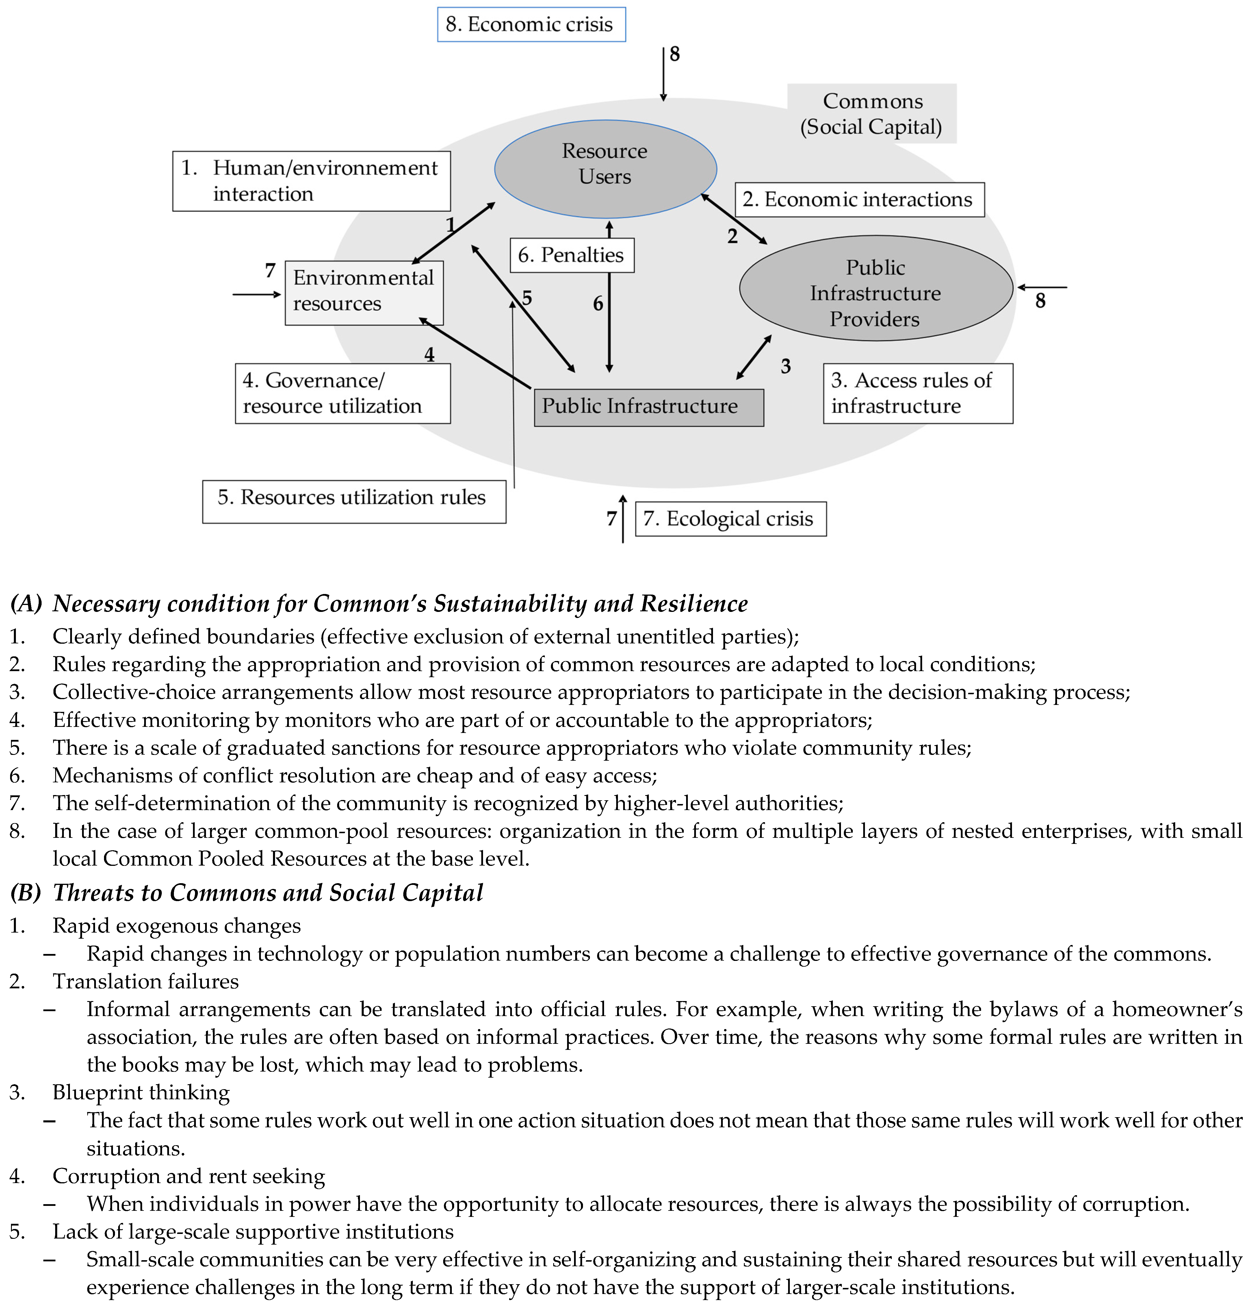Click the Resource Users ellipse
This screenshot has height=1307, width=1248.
tap(605, 169)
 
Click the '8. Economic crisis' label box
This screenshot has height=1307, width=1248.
tap(531, 25)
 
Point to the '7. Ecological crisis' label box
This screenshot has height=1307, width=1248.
tap(730, 519)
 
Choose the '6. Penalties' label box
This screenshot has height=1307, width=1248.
tap(571, 255)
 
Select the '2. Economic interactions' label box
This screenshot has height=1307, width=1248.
tap(859, 200)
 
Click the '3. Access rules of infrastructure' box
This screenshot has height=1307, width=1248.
tap(918, 393)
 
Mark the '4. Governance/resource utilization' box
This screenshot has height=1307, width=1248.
tap(343, 393)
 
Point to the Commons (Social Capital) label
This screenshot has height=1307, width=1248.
tap(872, 114)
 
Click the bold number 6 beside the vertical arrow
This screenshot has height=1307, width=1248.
tap(598, 304)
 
